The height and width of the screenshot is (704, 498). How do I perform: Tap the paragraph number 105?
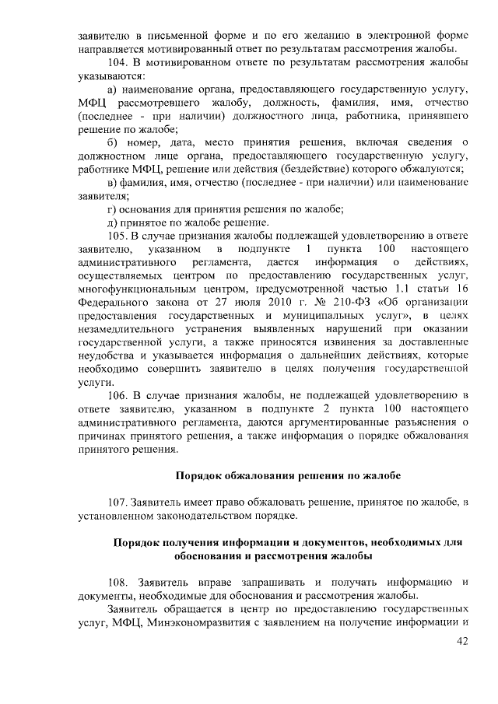click(x=119, y=234)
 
